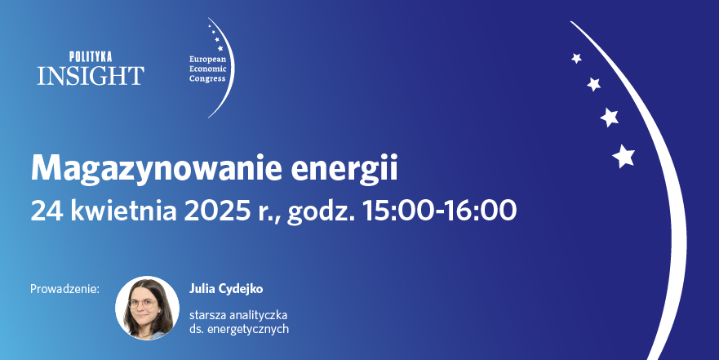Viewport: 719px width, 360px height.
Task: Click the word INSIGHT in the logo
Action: pos(90,75)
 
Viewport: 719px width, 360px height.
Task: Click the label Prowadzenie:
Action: pos(64,289)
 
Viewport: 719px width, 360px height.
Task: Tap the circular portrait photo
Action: pos(148,308)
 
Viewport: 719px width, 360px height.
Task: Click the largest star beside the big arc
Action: pos(624,155)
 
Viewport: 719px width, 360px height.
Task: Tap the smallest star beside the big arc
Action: pos(576,58)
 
